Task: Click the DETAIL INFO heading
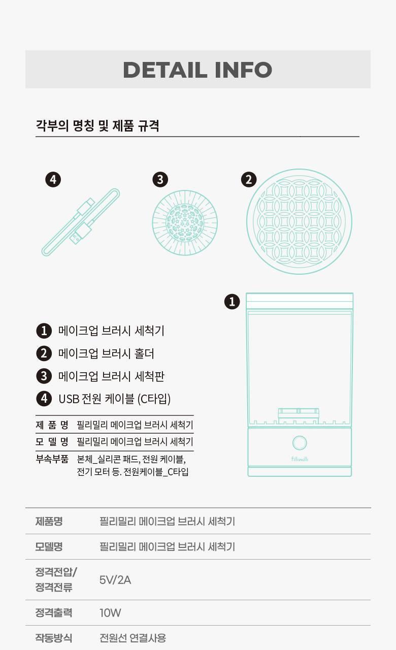[197, 70]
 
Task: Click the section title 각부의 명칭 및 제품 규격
[97, 125]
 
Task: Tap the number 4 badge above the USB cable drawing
[53, 180]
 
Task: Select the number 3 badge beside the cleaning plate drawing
[160, 180]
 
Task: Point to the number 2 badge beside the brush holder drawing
[249, 180]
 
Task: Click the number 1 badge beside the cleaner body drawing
[232, 302]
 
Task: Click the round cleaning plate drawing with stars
[185, 223]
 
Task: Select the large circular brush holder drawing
[300, 221]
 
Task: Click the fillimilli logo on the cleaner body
[300, 459]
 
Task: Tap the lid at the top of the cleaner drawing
[300, 301]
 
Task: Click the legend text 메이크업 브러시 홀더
[106, 353]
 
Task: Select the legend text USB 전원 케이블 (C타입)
[115, 399]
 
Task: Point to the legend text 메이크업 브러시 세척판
[111, 376]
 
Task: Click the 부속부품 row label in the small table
[52, 459]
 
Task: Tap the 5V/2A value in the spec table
[115, 580]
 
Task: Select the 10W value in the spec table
[110, 612]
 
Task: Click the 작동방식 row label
[54, 638]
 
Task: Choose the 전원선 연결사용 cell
[133, 638]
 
